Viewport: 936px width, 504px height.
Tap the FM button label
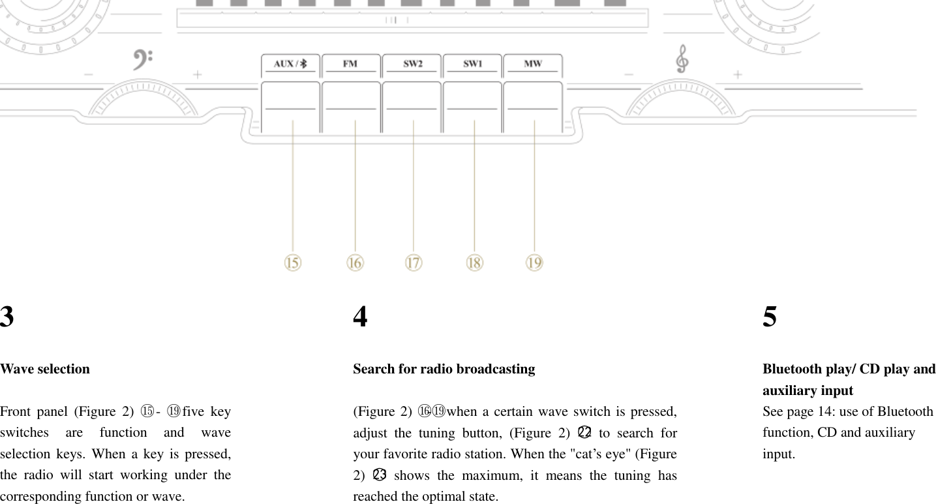(x=350, y=64)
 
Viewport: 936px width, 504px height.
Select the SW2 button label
(x=412, y=64)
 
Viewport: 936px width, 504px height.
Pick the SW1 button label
(x=472, y=64)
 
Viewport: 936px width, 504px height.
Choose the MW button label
(x=533, y=64)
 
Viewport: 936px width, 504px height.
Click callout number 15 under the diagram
(x=292, y=262)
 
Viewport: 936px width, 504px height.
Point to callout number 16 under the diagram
(x=355, y=262)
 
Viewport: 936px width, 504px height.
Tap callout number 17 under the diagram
(x=414, y=262)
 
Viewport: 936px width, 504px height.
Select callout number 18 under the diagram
(x=474, y=262)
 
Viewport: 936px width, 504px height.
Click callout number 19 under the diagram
(x=534, y=262)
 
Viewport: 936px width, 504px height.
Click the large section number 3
(x=7, y=317)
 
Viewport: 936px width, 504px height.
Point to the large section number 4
(x=360, y=317)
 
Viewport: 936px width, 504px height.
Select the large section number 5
(x=770, y=317)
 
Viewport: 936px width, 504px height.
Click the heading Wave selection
(x=45, y=369)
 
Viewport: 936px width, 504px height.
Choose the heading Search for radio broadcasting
(x=444, y=369)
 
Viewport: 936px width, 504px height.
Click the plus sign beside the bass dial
(x=197, y=75)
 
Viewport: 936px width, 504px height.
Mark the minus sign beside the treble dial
(x=629, y=75)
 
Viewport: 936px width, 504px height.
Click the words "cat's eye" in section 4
(x=593, y=454)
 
